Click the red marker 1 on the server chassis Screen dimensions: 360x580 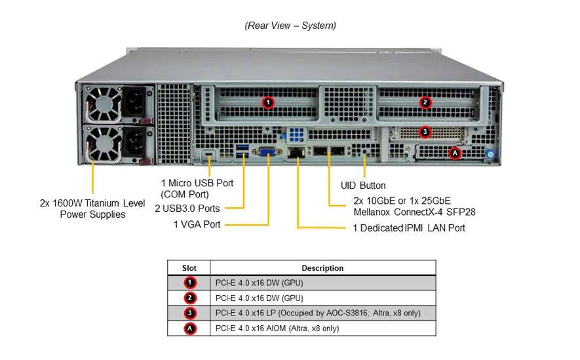click(x=267, y=102)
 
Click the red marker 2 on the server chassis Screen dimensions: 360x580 click(x=425, y=102)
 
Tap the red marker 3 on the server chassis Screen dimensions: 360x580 click(x=425, y=132)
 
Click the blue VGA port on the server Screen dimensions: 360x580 click(x=268, y=152)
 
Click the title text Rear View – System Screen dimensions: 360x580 click(x=290, y=26)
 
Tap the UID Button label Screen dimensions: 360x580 click(x=363, y=186)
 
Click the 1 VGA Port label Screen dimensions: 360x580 click(x=197, y=225)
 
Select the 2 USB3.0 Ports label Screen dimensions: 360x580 click(x=187, y=209)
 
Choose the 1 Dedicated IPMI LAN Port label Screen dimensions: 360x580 click(x=409, y=228)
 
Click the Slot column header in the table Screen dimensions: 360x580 click(x=189, y=268)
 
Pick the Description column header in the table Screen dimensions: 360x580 click(x=322, y=268)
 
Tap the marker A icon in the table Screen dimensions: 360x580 click(x=189, y=328)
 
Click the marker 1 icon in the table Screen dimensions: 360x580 click(x=189, y=283)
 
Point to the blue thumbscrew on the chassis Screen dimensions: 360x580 click(x=489, y=154)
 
